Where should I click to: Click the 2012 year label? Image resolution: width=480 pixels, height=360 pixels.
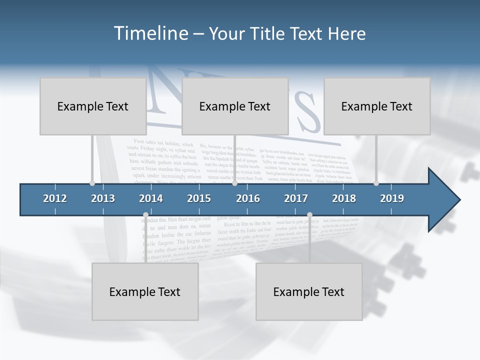coord(55,198)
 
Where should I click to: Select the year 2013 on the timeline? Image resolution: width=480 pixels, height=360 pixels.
coord(103,198)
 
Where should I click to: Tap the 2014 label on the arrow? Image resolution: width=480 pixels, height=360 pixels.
coord(151,198)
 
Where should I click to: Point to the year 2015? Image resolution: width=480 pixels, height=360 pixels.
coord(199,198)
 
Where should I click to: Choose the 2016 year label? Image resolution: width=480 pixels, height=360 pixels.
coord(248,198)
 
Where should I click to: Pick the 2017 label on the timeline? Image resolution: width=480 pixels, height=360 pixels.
coord(296,198)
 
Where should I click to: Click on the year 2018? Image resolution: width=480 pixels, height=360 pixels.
coord(344,198)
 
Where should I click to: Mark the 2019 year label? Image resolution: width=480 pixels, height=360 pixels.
coord(392,198)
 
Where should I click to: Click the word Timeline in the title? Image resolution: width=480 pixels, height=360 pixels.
coord(150,33)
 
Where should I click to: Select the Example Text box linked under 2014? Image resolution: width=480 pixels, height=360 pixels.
coord(145,291)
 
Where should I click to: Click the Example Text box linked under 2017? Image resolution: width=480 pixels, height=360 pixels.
coord(309,291)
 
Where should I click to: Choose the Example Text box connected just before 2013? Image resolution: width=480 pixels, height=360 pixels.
coord(93,106)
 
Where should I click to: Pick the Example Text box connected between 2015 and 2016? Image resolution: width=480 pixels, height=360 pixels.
coord(235,106)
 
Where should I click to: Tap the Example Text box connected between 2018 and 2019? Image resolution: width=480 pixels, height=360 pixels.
coord(377,106)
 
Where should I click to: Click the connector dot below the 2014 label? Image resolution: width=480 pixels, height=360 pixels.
coord(145,215)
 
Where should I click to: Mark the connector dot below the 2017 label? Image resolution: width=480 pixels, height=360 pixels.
coord(309,215)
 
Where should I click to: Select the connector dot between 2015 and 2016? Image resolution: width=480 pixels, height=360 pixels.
coord(234,183)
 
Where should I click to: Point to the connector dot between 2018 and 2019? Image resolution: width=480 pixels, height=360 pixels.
coord(376,183)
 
